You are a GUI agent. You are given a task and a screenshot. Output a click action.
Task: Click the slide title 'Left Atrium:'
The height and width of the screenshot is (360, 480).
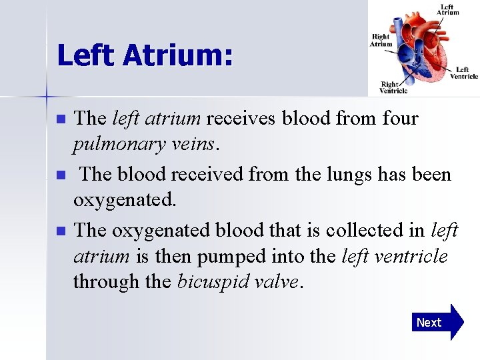click(x=145, y=56)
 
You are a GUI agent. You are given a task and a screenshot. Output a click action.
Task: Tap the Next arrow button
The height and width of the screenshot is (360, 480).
click(x=437, y=322)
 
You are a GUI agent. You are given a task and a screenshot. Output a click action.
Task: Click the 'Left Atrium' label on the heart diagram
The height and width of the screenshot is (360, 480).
click(x=447, y=9)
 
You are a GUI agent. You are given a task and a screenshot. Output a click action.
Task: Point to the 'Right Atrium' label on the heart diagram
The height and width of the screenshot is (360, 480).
click(x=381, y=40)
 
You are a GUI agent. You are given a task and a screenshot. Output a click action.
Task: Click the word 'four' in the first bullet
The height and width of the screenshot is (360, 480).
click(x=400, y=119)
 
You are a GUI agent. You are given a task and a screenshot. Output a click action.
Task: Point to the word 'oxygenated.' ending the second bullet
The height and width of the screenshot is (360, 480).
click(x=125, y=200)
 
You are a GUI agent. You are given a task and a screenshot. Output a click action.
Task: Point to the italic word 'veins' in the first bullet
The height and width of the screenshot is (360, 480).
click(x=199, y=145)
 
